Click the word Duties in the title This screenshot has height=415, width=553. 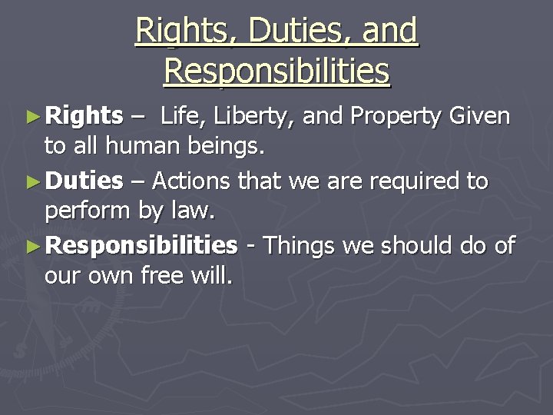tap(286, 32)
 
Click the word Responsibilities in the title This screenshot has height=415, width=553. tap(276, 71)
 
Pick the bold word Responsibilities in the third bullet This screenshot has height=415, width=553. tap(142, 246)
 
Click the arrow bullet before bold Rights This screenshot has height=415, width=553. tap(31, 117)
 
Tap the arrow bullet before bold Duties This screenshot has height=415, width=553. tap(31, 182)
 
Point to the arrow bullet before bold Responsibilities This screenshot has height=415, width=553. tap(31, 247)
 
